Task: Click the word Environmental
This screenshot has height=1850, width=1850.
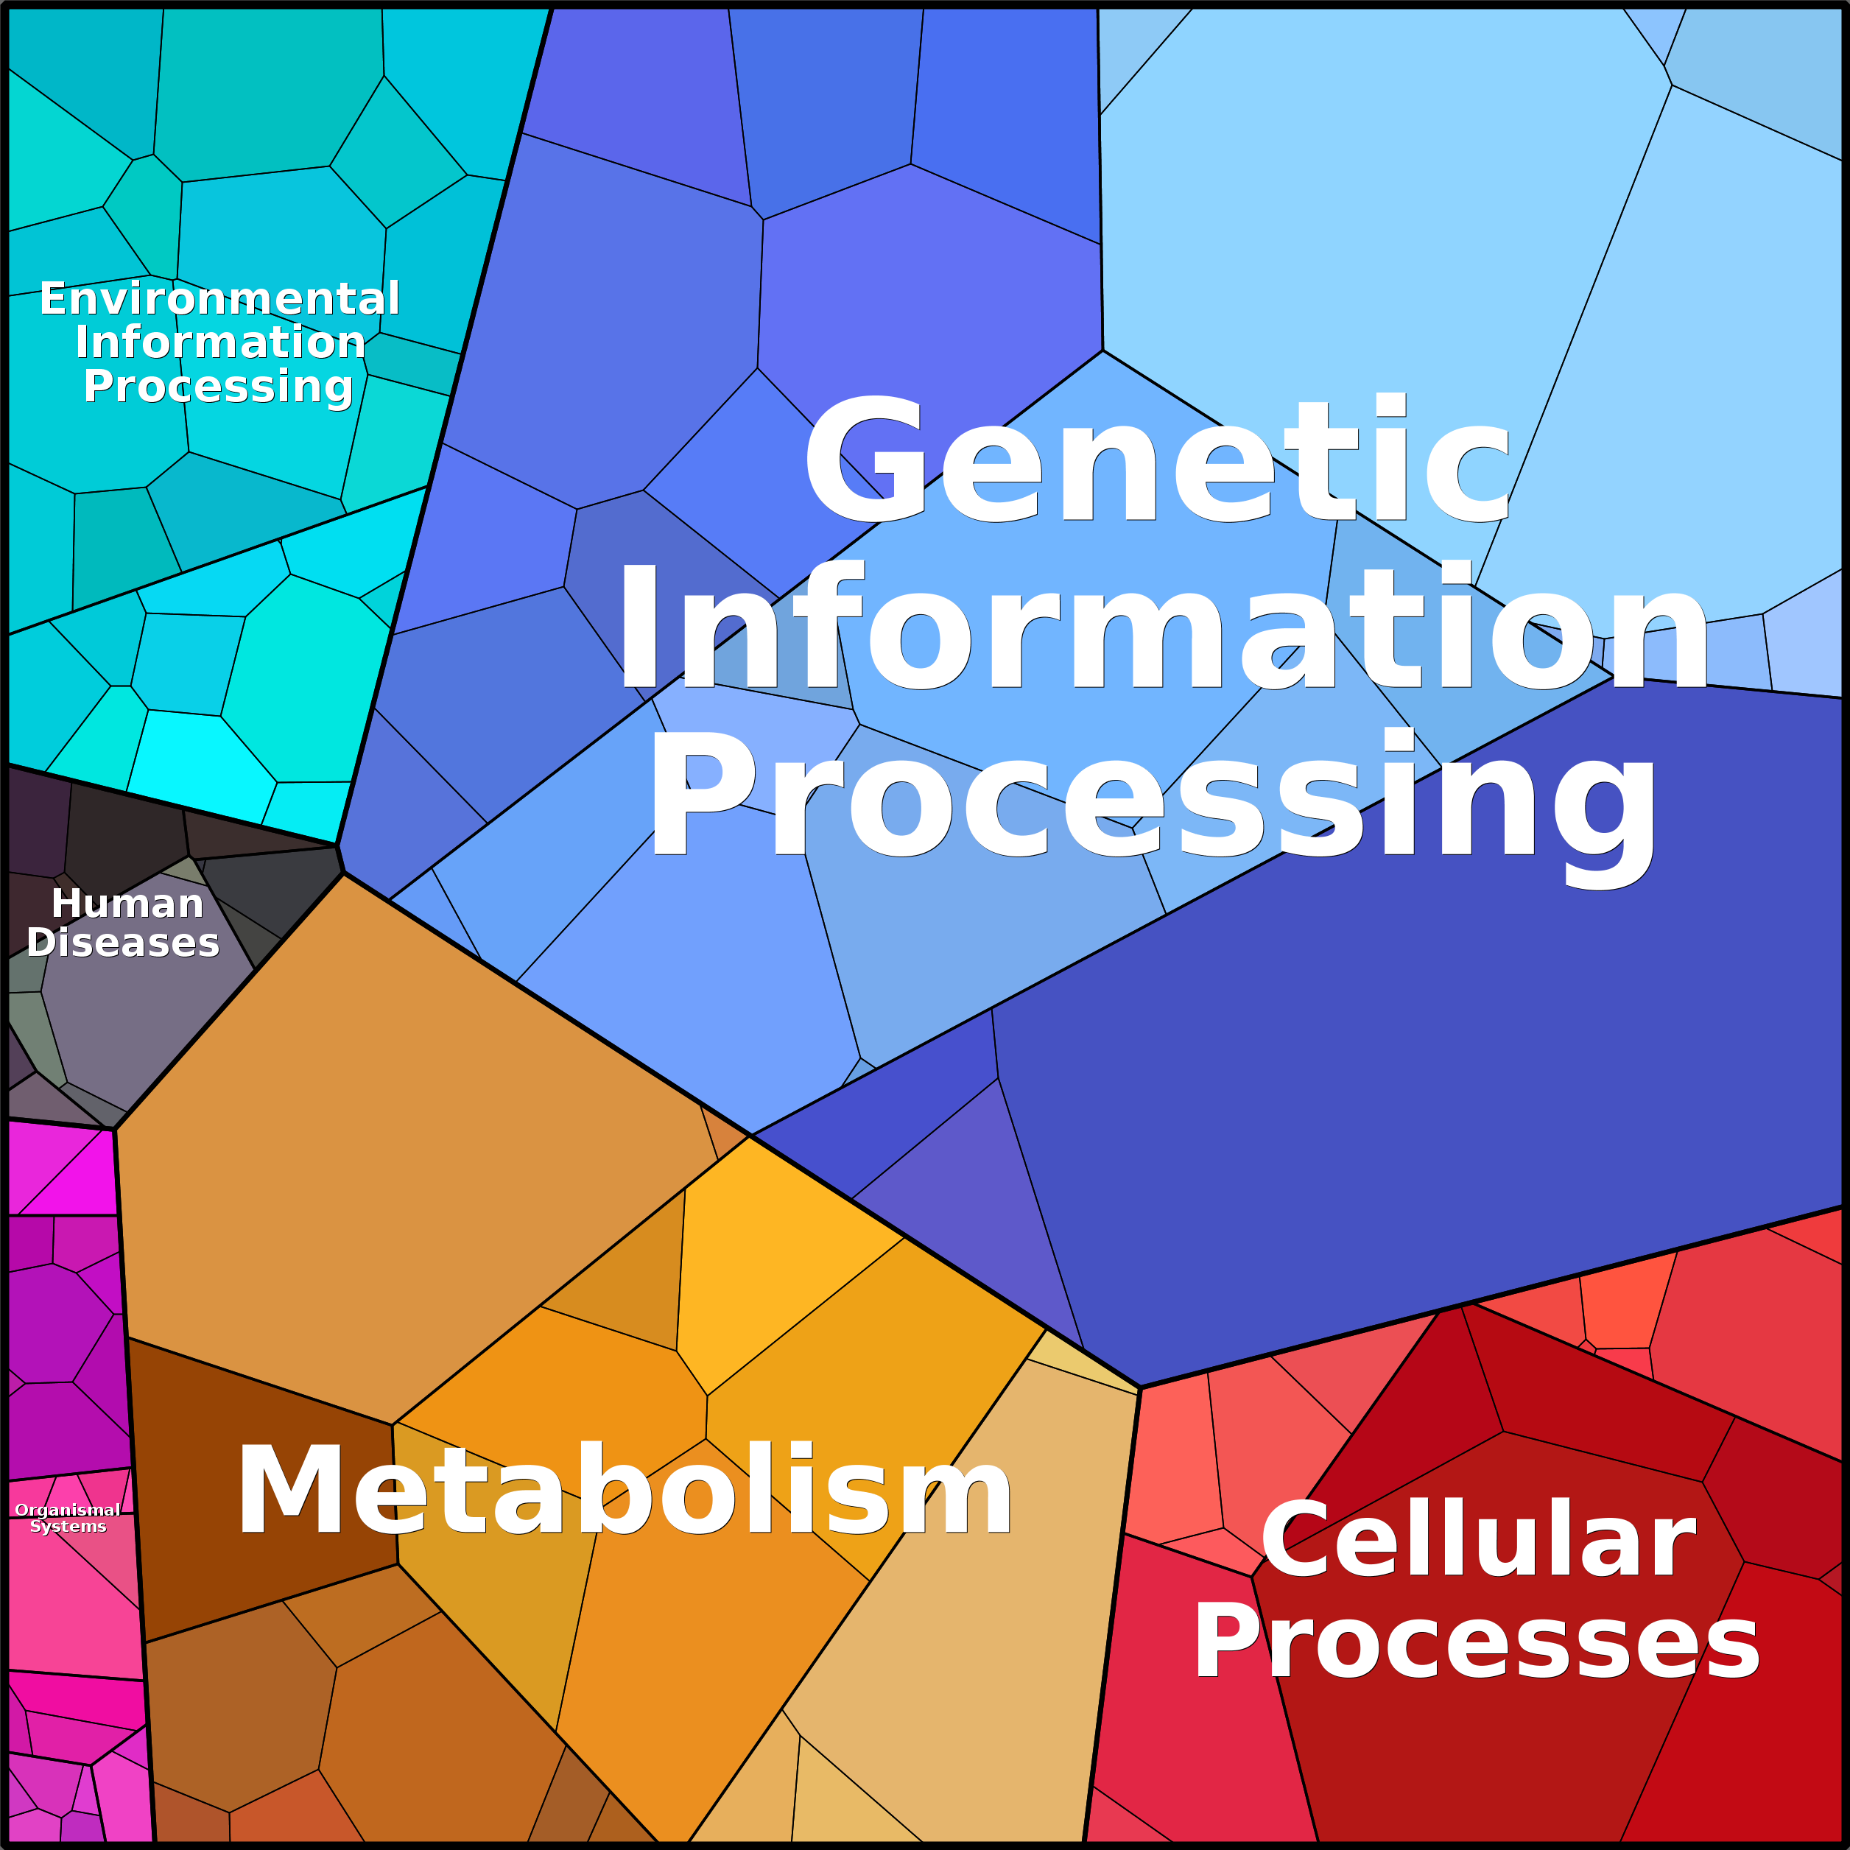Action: click(x=219, y=299)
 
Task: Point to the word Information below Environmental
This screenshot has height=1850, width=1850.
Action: click(x=220, y=342)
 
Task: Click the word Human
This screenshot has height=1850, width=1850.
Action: click(x=127, y=903)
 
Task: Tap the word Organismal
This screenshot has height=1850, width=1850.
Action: click(x=68, y=1510)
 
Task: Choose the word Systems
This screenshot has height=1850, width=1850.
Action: click(x=68, y=1527)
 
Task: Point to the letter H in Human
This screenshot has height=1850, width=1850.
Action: click(x=67, y=903)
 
